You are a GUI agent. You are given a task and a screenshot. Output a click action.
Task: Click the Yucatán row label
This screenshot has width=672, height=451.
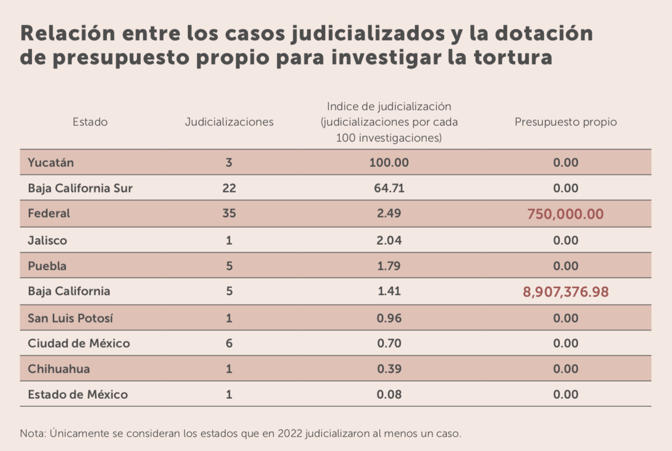[x=51, y=163]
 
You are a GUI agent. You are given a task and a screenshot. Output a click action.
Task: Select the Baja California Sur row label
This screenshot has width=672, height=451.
[x=80, y=188]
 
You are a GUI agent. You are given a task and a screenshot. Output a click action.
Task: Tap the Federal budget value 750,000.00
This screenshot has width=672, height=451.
[x=565, y=214]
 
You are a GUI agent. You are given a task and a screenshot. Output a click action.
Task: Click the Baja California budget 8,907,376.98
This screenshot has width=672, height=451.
[x=565, y=292]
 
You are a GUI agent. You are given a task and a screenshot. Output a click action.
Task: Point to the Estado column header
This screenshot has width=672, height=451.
[x=90, y=122]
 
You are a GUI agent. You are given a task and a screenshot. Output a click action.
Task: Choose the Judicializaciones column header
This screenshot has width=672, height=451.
[x=229, y=122]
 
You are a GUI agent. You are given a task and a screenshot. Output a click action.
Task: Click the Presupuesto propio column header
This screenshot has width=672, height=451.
[x=565, y=122]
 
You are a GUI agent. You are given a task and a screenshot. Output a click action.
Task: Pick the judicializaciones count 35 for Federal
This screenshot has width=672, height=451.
[x=229, y=214]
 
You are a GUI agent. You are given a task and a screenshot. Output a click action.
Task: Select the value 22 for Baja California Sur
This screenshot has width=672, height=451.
[x=229, y=188]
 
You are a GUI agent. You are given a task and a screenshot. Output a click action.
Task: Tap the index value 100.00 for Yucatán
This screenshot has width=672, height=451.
[x=389, y=163]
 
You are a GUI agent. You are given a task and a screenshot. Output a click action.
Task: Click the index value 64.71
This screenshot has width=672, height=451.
[x=389, y=188]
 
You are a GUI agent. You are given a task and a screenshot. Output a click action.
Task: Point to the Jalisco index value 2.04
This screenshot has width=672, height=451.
[x=389, y=240]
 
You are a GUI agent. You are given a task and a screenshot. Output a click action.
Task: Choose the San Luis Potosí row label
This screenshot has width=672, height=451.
[x=70, y=318]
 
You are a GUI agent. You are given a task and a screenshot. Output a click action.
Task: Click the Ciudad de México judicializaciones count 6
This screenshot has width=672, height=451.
[x=229, y=343]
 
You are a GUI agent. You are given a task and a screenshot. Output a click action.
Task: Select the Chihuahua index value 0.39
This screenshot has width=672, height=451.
[x=389, y=369]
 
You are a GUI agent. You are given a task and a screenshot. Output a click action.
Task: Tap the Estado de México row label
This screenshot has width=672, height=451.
[x=78, y=394]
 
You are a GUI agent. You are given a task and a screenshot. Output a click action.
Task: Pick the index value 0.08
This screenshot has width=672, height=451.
[x=389, y=394]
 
